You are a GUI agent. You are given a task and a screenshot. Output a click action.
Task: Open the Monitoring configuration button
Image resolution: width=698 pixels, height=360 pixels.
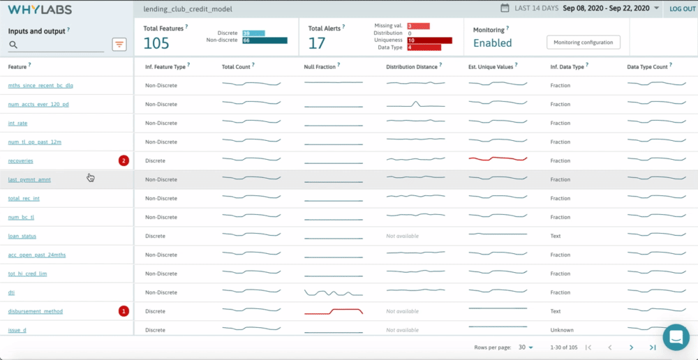(x=583, y=43)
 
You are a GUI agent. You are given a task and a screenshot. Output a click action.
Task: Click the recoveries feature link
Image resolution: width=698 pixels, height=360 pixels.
(x=20, y=161)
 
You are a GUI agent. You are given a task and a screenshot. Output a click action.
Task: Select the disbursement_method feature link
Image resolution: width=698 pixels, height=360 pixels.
(x=35, y=311)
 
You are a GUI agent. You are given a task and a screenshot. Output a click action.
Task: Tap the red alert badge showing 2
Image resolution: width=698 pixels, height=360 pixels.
(x=124, y=161)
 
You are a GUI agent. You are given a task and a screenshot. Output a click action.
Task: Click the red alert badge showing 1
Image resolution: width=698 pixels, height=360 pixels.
(x=124, y=311)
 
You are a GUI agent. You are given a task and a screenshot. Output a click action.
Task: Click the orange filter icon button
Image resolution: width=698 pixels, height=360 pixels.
(x=119, y=45)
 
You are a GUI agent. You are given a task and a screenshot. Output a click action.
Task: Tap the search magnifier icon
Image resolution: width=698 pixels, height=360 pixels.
(x=13, y=45)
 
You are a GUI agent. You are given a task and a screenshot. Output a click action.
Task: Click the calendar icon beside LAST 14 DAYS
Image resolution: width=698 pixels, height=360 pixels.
(x=505, y=8)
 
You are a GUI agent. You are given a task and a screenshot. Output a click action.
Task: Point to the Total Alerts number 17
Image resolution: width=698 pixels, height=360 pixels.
(x=317, y=43)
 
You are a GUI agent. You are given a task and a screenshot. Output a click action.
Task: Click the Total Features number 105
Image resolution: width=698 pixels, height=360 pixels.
(x=156, y=43)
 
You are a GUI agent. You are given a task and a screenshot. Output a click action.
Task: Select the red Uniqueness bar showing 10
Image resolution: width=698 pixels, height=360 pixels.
(x=429, y=40)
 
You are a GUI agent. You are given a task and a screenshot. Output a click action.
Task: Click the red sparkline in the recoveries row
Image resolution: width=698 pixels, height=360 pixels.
(x=498, y=158)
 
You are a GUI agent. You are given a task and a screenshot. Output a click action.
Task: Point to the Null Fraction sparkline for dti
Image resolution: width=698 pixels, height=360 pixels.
(x=333, y=292)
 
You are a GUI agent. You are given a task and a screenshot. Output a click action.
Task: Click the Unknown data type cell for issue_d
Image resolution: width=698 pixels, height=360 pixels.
(x=562, y=330)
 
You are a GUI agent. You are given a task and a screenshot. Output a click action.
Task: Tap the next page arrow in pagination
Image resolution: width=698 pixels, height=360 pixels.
(x=631, y=347)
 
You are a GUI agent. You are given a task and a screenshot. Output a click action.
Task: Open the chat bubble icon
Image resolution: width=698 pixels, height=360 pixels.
(x=676, y=338)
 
